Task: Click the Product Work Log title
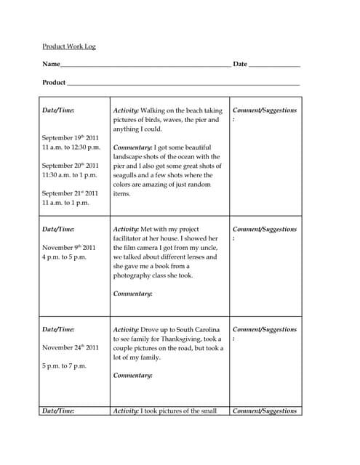pos(69,46)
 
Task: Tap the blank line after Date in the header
pos(274,65)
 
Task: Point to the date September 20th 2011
pos(70,166)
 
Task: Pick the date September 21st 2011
pos(70,193)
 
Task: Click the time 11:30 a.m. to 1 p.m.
pos(70,175)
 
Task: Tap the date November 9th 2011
pos(68,248)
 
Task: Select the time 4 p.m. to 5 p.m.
pos(65,257)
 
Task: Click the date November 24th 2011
pos(70,347)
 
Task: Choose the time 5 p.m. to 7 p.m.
pos(64,365)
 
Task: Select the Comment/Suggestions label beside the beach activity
pos(264,110)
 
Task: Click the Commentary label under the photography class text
pos(133,294)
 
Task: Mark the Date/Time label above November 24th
pos(58,329)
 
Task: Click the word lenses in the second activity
pos(193,257)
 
